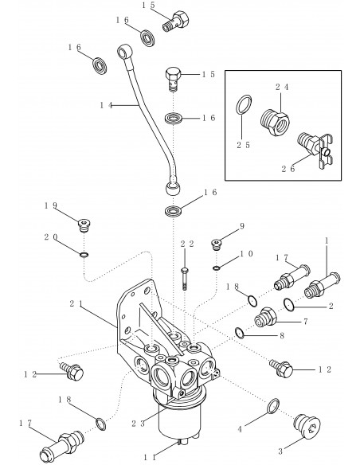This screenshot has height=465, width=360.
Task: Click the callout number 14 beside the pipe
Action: click(106, 105)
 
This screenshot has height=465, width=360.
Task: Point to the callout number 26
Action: click(288, 169)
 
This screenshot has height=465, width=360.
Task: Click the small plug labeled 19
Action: click(84, 226)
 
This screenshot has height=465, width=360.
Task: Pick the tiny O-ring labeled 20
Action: click(84, 255)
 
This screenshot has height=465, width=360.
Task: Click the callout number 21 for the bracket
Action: click(76, 304)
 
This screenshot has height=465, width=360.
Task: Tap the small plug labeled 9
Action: click(217, 244)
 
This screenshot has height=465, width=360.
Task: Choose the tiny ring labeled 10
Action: click(216, 268)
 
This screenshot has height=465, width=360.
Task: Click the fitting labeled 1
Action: click(323, 285)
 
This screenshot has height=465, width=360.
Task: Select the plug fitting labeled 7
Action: click(264, 318)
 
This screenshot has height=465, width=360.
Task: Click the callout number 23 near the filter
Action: click(139, 424)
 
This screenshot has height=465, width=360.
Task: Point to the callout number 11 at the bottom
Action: click(150, 458)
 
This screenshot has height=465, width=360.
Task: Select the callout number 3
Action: click(280, 451)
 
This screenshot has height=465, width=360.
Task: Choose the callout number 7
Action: click(305, 322)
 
